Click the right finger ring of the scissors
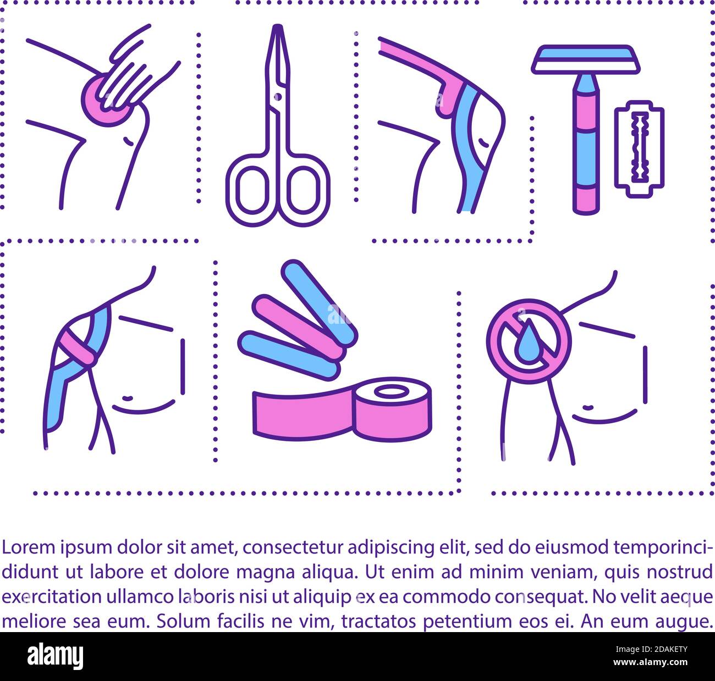tap(306, 190)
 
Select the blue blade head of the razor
tap(585, 56)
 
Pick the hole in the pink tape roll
tap(392, 391)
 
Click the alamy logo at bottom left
tap(55, 656)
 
